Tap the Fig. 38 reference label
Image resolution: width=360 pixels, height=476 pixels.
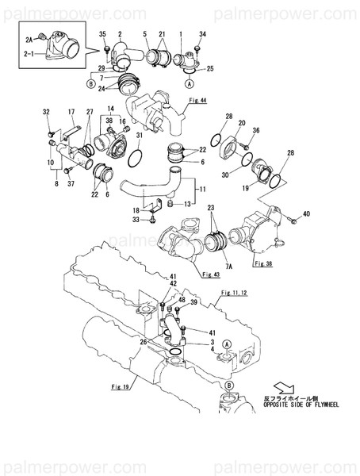264,260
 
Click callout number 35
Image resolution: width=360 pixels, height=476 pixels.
102,33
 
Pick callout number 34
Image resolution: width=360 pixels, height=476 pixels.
201,33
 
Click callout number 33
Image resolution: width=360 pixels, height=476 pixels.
136,219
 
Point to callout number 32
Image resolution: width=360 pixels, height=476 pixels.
46,112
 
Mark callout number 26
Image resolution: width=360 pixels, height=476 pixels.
143,343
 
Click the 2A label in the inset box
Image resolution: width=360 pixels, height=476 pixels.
29,39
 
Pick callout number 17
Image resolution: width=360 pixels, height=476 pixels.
71,112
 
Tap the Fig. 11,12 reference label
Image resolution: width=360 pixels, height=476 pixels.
235,294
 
